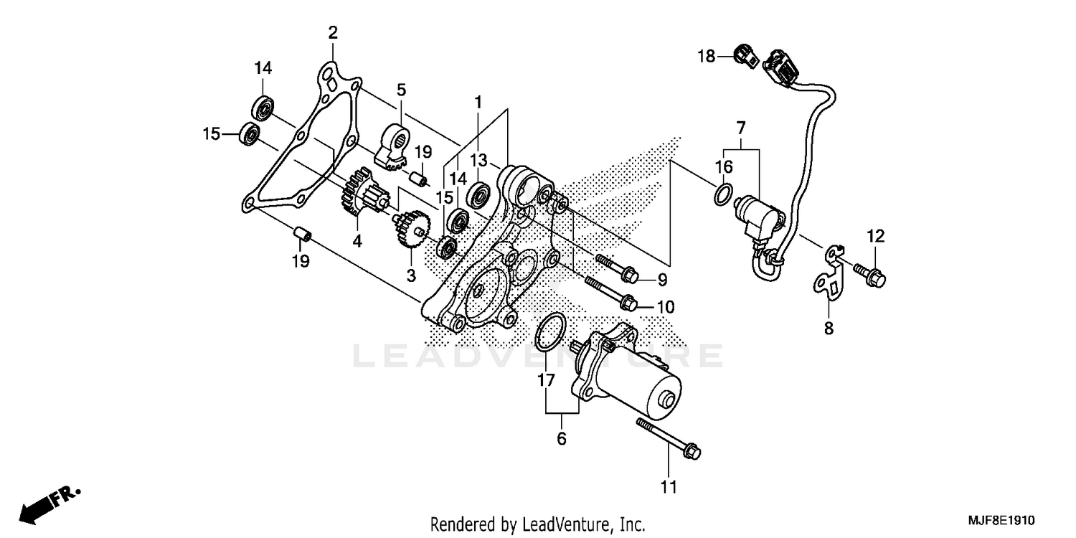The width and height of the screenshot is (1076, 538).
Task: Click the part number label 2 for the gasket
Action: (x=332, y=32)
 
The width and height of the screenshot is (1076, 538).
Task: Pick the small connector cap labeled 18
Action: (x=742, y=55)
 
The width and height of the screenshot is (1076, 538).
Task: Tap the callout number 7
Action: (x=741, y=129)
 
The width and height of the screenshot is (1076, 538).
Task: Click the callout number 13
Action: (x=479, y=159)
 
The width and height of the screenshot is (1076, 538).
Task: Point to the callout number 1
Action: (x=478, y=102)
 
